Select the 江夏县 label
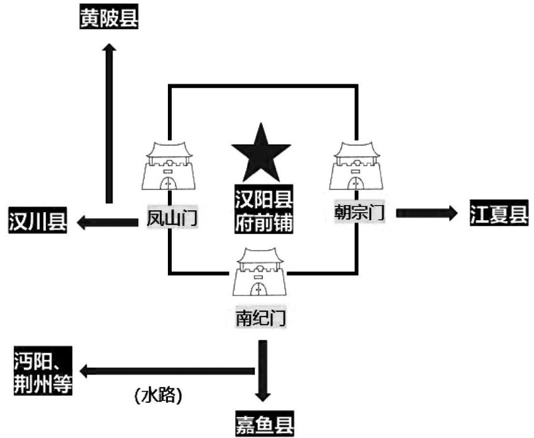click(499, 213)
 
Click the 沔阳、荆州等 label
click(42, 372)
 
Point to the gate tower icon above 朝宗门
click(355, 166)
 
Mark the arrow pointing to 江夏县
click(428, 213)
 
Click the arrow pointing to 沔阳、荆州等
click(170, 370)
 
